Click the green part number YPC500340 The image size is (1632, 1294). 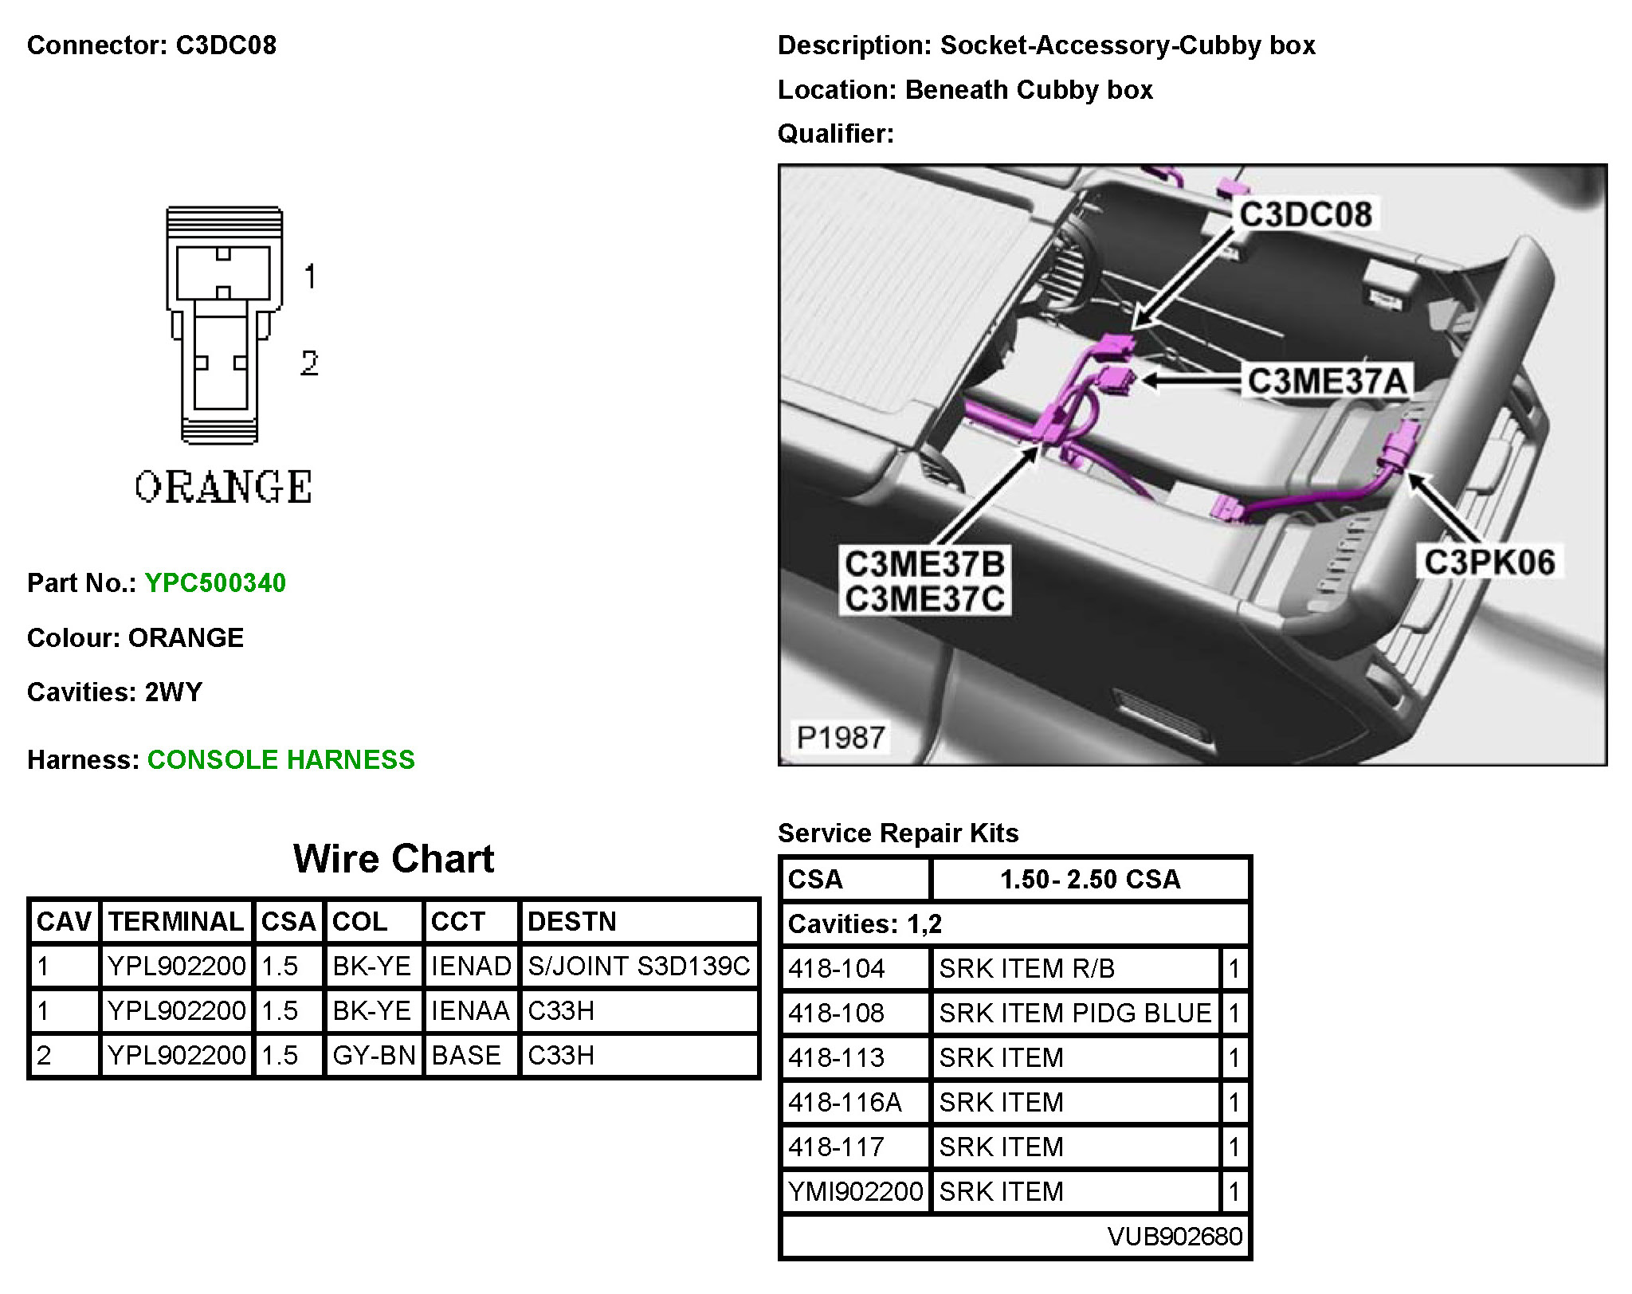[215, 583]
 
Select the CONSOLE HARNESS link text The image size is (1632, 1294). [280, 760]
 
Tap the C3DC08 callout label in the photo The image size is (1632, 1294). [1305, 215]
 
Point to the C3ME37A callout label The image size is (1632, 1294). [1327, 381]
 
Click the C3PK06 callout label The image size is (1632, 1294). [1489, 563]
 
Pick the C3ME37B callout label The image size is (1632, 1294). [924, 564]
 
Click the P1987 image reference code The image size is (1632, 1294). [841, 738]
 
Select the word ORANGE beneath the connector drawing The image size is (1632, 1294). [223, 488]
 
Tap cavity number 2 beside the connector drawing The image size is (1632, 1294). [309, 363]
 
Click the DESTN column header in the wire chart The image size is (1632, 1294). [572, 922]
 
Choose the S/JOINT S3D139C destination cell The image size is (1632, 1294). [638, 967]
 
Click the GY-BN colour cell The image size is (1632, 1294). [374, 1056]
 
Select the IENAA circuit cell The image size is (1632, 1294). [470, 1011]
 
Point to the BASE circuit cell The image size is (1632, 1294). [466, 1056]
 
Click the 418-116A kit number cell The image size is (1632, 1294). [845, 1103]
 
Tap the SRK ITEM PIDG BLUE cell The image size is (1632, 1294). [1075, 1014]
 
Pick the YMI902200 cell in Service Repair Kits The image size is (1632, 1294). [855, 1192]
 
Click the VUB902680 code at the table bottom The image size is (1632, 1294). [1175, 1237]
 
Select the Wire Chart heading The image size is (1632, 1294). [394, 859]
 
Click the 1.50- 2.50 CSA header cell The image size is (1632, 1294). [1089, 880]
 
